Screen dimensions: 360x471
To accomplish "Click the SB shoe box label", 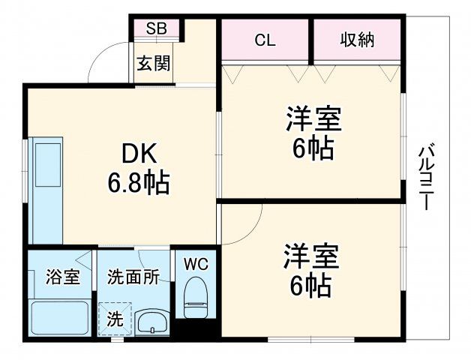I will coord(156,29).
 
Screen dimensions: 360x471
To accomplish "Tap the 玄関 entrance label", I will coord(152,63).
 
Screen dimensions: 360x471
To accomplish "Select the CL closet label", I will coord(265,40).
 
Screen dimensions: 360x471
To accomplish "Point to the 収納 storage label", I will coord(357,40).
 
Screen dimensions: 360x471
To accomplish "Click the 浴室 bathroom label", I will coord(62,277).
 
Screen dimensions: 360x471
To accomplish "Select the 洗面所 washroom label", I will coord(133,277).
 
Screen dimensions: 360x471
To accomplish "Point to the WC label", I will coord(196,264).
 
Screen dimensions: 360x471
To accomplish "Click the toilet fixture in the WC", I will coord(196,295).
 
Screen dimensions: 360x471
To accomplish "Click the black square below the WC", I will coord(196,328).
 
